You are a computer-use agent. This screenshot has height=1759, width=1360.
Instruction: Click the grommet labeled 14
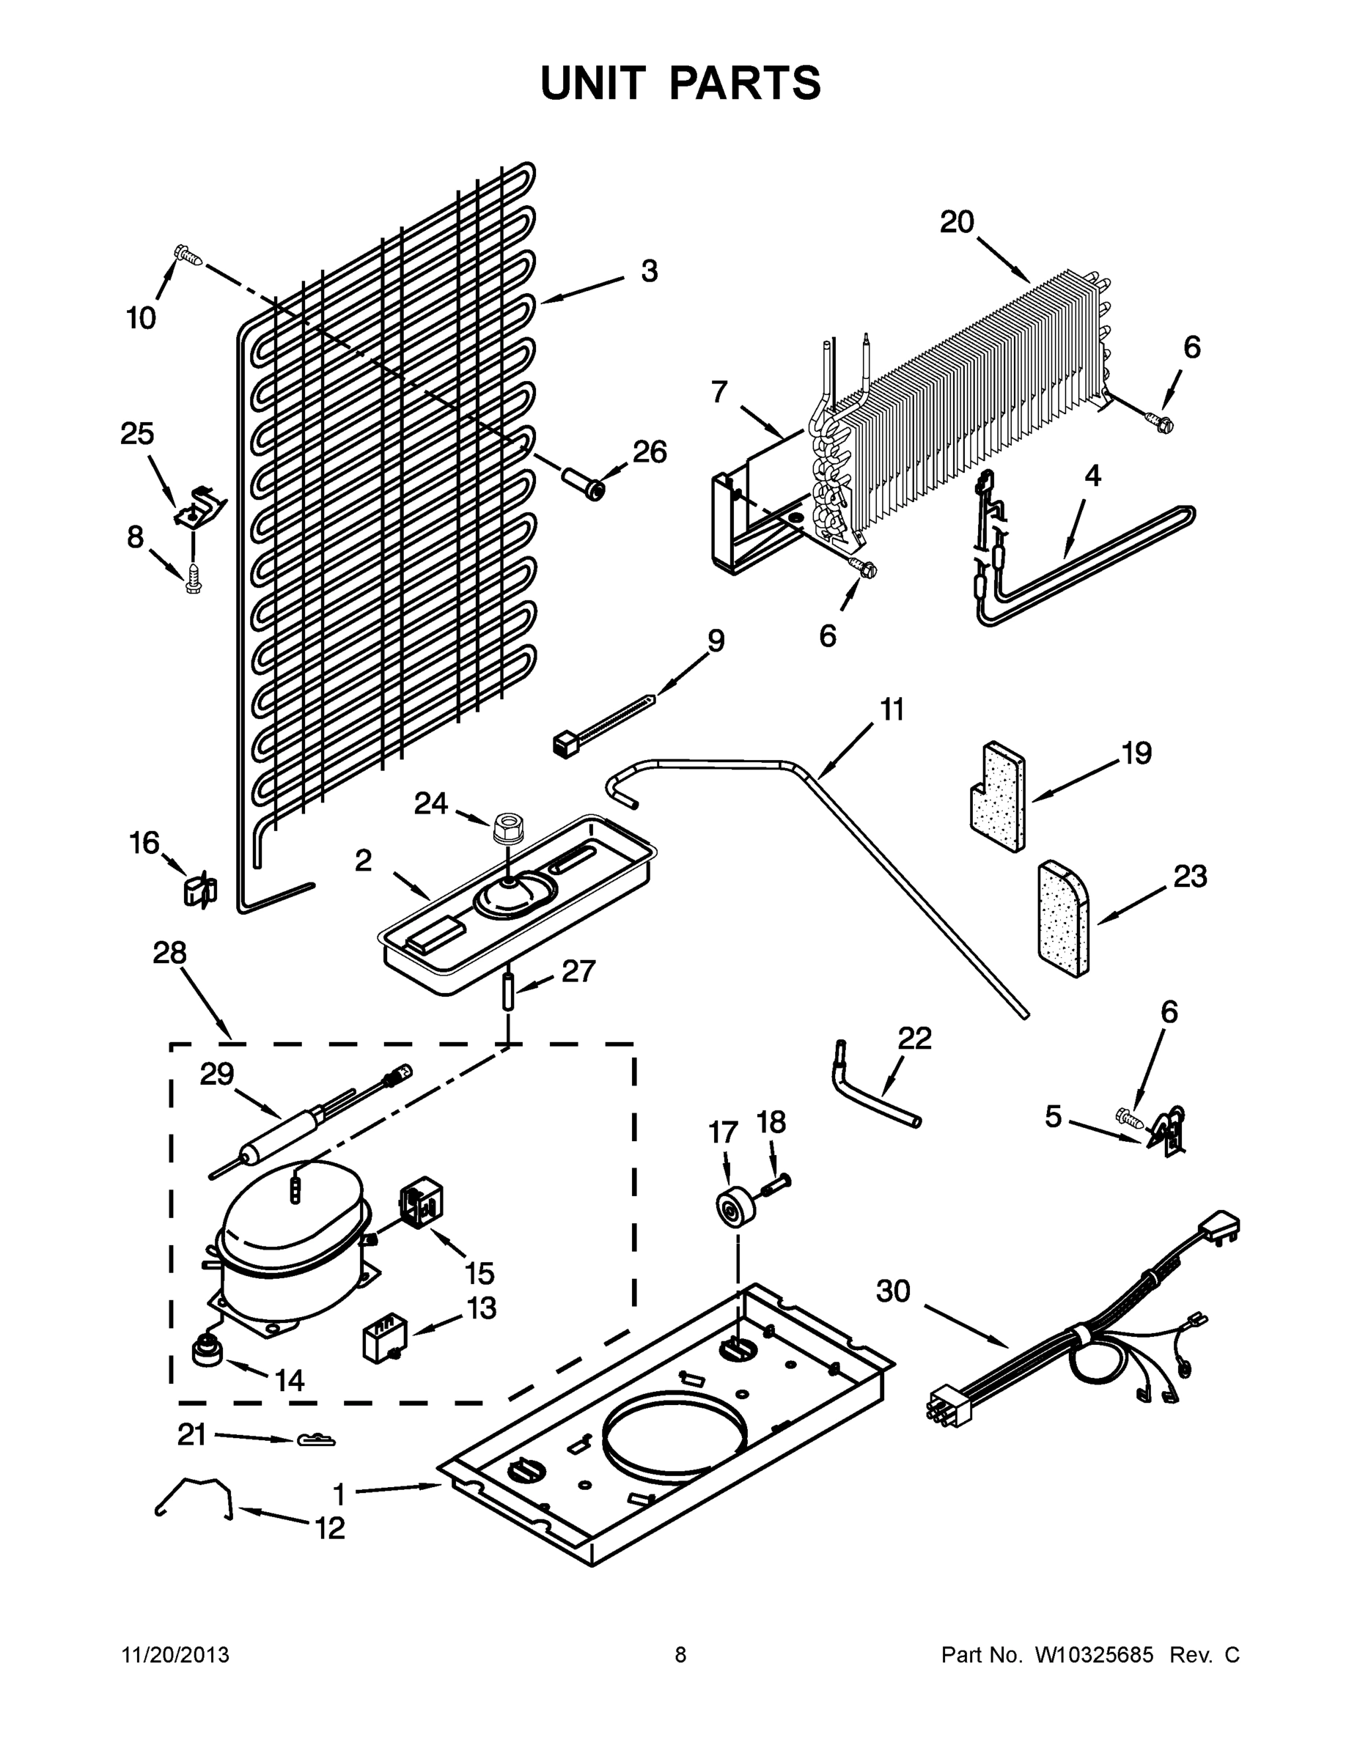(x=207, y=1350)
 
